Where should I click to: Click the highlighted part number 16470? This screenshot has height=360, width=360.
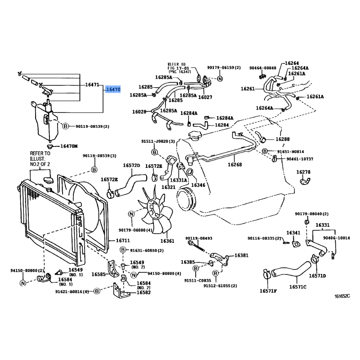pos(113,90)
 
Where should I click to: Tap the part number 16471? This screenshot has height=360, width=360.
pos(92,85)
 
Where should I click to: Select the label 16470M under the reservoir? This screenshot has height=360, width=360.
pos(69,146)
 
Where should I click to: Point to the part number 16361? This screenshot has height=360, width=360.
pos(167,241)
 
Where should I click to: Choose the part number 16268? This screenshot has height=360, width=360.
pos(234,165)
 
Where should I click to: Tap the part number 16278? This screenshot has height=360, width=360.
pos(303,172)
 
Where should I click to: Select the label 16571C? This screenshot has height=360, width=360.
pos(297,287)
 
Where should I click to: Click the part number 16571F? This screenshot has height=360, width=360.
pos(268,291)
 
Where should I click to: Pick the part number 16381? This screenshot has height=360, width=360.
pos(241,255)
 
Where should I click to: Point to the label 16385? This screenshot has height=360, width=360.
pos(188,262)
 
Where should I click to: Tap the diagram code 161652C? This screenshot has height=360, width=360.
pos(342,296)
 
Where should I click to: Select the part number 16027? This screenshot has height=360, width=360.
pos(205,96)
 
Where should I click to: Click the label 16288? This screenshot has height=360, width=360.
pos(283,139)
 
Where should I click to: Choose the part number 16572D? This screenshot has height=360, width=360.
pos(132,165)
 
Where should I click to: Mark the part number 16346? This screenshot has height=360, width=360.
pos(198,184)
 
